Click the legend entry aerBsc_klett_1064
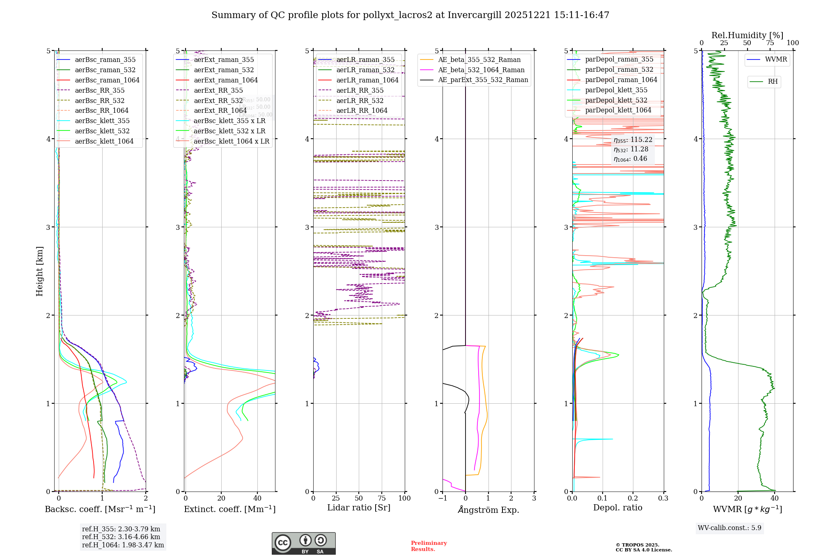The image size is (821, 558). [x=104, y=141]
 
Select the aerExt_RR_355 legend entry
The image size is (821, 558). [x=218, y=90]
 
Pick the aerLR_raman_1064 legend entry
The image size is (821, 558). [x=367, y=80]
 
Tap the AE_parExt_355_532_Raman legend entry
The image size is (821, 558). [x=483, y=80]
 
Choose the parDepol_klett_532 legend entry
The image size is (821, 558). [x=616, y=100]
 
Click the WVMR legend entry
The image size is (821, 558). [x=775, y=59]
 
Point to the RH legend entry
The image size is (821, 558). [x=773, y=82]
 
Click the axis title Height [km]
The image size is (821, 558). [x=39, y=271]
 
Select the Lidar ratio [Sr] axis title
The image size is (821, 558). [x=358, y=508]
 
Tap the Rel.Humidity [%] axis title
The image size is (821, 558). [x=747, y=35]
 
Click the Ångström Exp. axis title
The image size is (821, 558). [x=488, y=510]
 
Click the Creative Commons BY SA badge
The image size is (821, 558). [x=303, y=543]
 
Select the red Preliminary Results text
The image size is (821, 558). [x=429, y=546]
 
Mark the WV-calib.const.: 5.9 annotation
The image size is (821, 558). [x=729, y=528]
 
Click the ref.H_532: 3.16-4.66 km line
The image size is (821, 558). [x=121, y=537]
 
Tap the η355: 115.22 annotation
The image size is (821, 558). [x=633, y=140]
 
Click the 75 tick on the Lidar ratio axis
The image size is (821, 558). [x=382, y=498]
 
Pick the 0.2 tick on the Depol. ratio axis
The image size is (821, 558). [x=633, y=498]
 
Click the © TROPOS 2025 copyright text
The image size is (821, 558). [x=637, y=545]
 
